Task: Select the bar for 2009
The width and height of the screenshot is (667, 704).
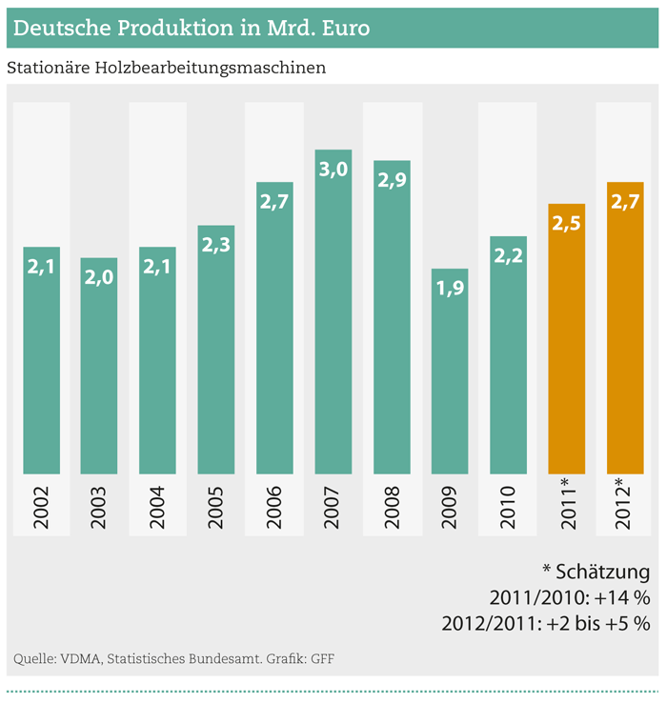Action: coord(450,381)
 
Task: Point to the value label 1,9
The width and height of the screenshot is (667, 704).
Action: coord(450,289)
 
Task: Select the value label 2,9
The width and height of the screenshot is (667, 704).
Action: coord(392,181)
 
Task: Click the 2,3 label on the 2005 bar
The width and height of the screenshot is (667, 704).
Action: coord(216,245)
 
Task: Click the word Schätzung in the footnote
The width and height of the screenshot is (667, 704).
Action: coord(604,573)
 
